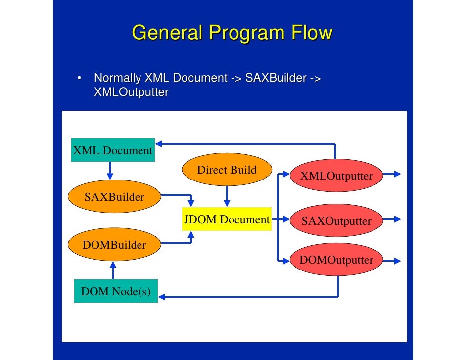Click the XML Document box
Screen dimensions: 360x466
coord(113,150)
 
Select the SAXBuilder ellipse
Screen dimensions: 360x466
coord(114,197)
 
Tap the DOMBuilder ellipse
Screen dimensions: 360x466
coord(114,244)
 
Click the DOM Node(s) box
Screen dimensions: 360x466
coord(116,291)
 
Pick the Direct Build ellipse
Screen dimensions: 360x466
coord(227,170)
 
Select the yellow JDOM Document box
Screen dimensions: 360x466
coord(227,220)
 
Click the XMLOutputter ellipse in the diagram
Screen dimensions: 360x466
coord(337,176)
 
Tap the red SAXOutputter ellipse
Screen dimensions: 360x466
coord(336,220)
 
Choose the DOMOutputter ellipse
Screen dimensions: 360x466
coord(336,260)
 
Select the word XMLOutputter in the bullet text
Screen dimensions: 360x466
coord(131,92)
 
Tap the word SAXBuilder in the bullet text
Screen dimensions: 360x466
coord(275,78)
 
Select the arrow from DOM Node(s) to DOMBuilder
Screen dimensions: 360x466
coord(113,270)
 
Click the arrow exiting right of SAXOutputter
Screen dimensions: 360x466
coord(393,219)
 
